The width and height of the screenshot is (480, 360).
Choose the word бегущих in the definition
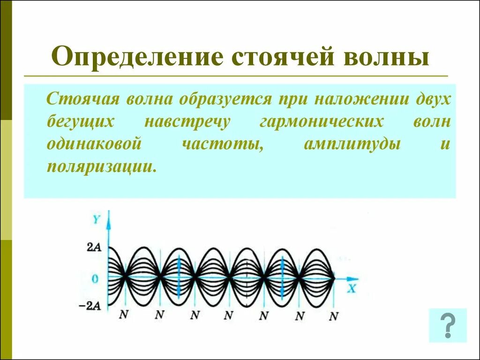point(81,122)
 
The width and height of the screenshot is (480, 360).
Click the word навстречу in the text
point(187,122)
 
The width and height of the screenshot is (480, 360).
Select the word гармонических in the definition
point(321,122)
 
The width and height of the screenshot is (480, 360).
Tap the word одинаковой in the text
point(94,144)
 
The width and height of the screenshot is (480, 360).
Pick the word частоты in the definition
point(221,144)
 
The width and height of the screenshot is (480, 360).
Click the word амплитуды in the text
point(352,144)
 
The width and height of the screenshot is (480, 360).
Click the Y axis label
point(96,218)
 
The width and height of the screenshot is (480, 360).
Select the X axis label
point(351,288)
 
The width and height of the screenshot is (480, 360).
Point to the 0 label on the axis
point(96,278)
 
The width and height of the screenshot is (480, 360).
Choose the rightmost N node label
point(333,316)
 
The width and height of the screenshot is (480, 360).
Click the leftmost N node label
point(123,315)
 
